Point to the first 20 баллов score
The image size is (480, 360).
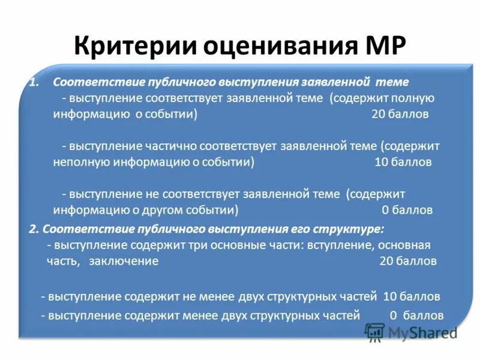[400, 114]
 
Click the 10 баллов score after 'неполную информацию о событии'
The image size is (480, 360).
[403, 162]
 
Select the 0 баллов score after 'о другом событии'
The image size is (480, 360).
[407, 210]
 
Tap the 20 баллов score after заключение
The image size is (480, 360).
[408, 261]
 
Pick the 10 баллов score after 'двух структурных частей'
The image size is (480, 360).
[412, 296]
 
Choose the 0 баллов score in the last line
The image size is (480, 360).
[416, 315]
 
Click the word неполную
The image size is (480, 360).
[77, 162]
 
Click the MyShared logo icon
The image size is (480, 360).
[374, 332]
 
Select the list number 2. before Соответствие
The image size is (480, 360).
[34, 229]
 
